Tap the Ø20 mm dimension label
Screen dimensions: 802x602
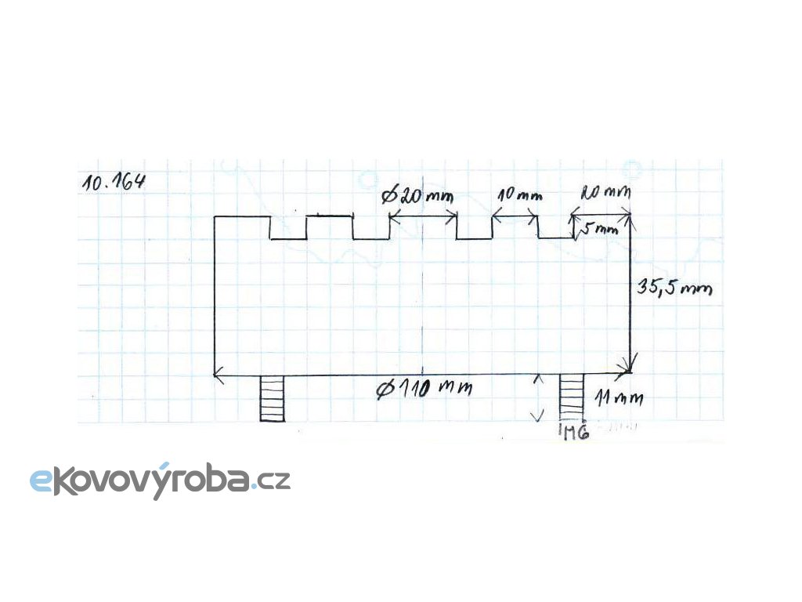(418, 195)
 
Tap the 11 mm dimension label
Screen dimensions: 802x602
(619, 398)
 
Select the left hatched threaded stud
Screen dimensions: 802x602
(272, 398)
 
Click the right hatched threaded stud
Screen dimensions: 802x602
(572, 398)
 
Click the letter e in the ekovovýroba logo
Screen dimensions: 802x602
(41, 481)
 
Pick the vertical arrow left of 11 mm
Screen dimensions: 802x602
(538, 398)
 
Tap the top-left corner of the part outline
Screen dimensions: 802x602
(215, 216)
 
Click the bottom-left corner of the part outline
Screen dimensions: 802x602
(215, 375)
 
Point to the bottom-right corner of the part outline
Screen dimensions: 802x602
(631, 374)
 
